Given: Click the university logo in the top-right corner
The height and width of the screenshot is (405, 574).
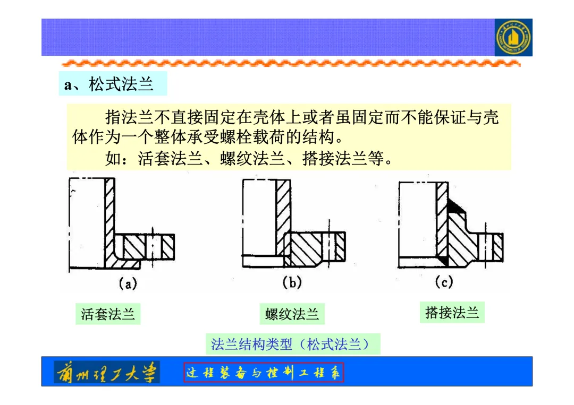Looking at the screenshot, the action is coord(513,38).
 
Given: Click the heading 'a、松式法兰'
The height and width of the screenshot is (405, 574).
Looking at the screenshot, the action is coord(109,84).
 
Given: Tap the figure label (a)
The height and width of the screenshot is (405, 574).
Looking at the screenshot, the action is coord(128,283).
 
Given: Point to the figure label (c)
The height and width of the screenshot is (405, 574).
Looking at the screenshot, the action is coord(444,282).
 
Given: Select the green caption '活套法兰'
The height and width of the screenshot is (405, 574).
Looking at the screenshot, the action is coord(108,314).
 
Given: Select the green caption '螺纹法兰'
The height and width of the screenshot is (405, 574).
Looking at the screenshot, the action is coord(292,314).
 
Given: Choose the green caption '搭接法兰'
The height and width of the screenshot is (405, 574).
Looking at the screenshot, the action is coord(452,313).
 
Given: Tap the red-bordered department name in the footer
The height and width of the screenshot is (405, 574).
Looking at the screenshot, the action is coord(264,373).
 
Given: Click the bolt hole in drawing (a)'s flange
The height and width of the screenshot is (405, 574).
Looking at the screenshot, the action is coord(154,247).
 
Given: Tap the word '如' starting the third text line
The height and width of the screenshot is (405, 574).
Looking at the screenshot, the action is coord(113,158).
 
